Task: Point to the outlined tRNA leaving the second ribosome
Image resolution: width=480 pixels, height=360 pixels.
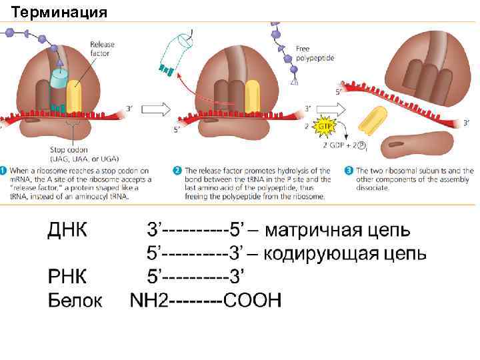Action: point(177,50)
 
